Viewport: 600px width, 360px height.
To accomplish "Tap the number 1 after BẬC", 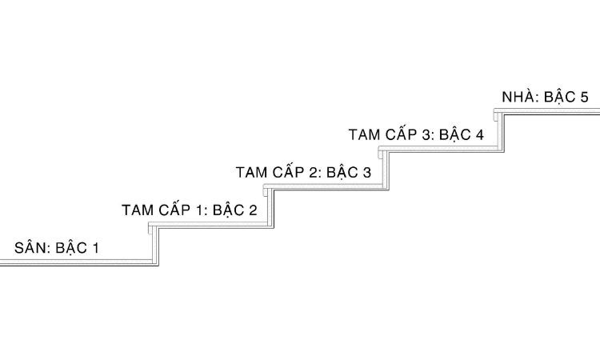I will (x=95, y=248).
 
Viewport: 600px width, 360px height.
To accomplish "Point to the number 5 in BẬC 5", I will (x=584, y=98).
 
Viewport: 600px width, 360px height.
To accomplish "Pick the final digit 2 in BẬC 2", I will (x=253, y=211).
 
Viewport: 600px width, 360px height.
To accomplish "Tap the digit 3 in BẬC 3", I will (x=366, y=173).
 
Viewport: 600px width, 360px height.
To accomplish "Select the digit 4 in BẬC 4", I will (x=479, y=134).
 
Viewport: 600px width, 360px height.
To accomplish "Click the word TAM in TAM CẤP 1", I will (x=138, y=210).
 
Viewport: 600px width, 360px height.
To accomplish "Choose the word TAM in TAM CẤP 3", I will (x=365, y=134).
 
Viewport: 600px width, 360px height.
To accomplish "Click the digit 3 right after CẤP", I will (x=426, y=134).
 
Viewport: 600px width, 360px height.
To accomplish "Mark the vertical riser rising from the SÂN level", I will (x=155, y=245).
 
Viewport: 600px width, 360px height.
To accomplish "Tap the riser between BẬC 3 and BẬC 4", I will (x=386, y=169).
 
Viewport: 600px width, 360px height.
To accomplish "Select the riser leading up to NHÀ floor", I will (x=501, y=131).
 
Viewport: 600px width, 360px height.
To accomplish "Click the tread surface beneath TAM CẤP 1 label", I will (x=212, y=226).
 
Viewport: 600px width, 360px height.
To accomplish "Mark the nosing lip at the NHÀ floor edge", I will (x=496, y=116).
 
